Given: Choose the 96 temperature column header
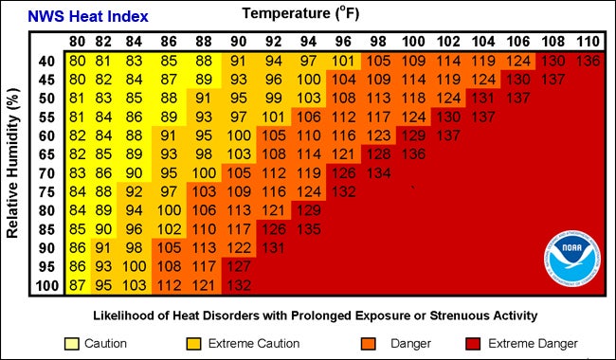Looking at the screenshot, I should click(342, 43).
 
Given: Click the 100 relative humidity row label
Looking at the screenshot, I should click(46, 285).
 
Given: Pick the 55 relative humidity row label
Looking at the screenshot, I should click(46, 116).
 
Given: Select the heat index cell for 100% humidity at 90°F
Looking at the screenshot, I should click(238, 285).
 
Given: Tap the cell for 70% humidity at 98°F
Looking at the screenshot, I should click(377, 172).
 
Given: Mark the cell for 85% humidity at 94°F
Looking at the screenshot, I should click(308, 228).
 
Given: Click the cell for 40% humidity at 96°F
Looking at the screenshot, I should click(342, 61).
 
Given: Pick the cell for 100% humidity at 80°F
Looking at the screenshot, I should click(77, 285).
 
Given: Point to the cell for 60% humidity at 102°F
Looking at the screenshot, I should click(446, 135).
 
